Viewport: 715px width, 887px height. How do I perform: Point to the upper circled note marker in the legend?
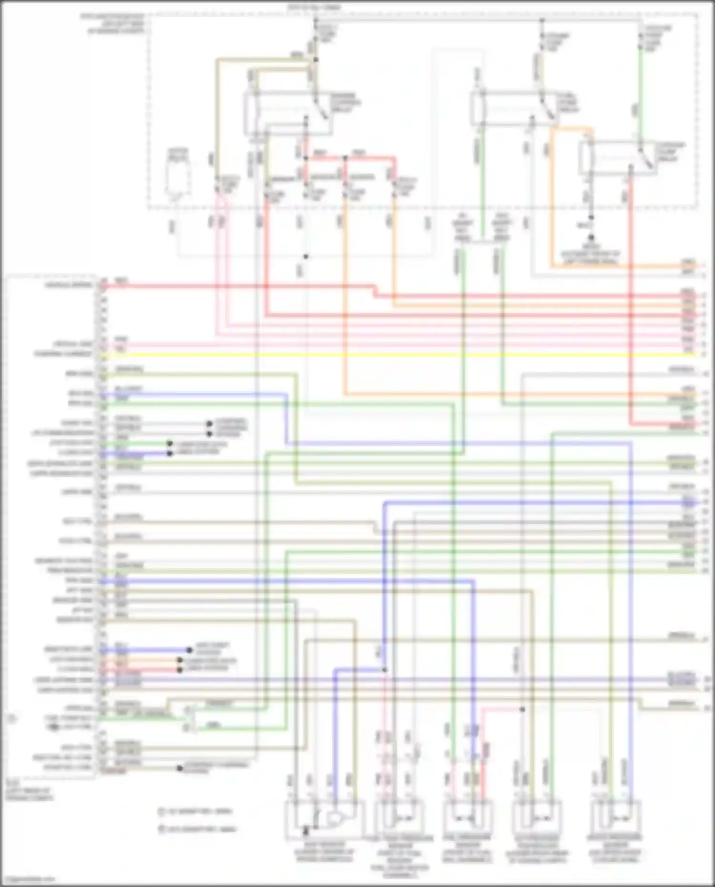[161, 811]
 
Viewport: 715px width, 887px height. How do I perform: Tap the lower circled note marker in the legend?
[161, 829]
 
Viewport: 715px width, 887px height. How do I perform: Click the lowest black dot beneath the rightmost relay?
[592, 237]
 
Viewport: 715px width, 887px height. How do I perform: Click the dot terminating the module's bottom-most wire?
[180, 768]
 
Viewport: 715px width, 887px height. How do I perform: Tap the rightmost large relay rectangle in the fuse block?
[617, 157]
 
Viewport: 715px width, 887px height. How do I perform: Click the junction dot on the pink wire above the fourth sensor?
[522, 709]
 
